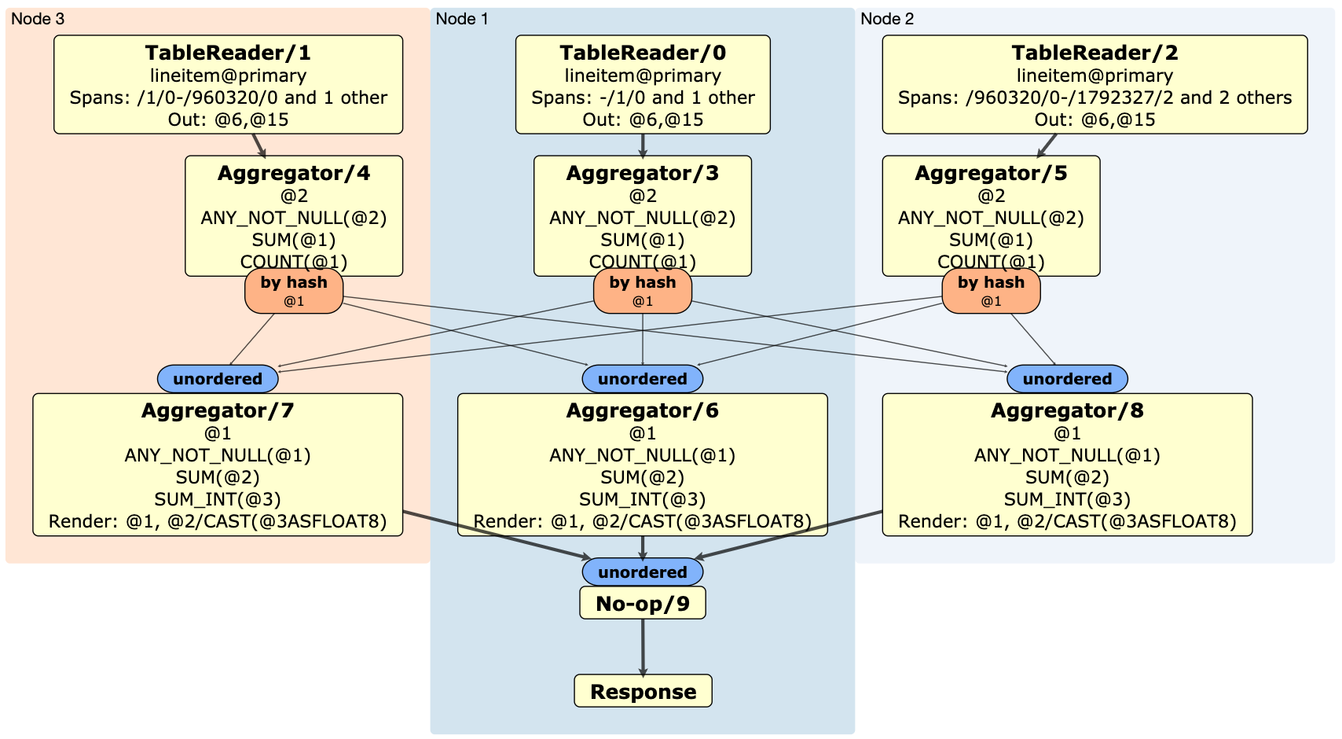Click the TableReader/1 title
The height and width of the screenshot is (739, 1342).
228,53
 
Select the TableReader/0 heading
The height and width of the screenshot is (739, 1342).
642,53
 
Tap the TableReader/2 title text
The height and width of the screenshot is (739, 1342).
1094,53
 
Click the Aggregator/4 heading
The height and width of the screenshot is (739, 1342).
294,173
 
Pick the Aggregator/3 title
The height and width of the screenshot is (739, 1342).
642,173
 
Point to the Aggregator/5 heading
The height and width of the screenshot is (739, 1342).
991,173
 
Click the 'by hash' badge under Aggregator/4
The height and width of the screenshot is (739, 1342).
294,291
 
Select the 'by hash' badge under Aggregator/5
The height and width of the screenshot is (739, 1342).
991,291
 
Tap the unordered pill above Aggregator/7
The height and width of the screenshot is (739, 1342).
218,379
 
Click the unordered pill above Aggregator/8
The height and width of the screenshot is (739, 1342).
1067,379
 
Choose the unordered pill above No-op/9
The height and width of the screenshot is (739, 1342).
642,572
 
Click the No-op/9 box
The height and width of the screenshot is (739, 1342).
642,603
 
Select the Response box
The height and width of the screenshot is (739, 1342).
643,691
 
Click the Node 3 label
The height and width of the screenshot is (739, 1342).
38,19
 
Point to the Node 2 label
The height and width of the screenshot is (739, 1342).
887,19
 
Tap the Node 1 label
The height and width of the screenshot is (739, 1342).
462,19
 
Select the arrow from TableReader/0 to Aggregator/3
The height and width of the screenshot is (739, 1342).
643,145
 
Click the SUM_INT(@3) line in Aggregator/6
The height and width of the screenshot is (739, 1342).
642,499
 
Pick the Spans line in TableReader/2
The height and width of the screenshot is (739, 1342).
1094,97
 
